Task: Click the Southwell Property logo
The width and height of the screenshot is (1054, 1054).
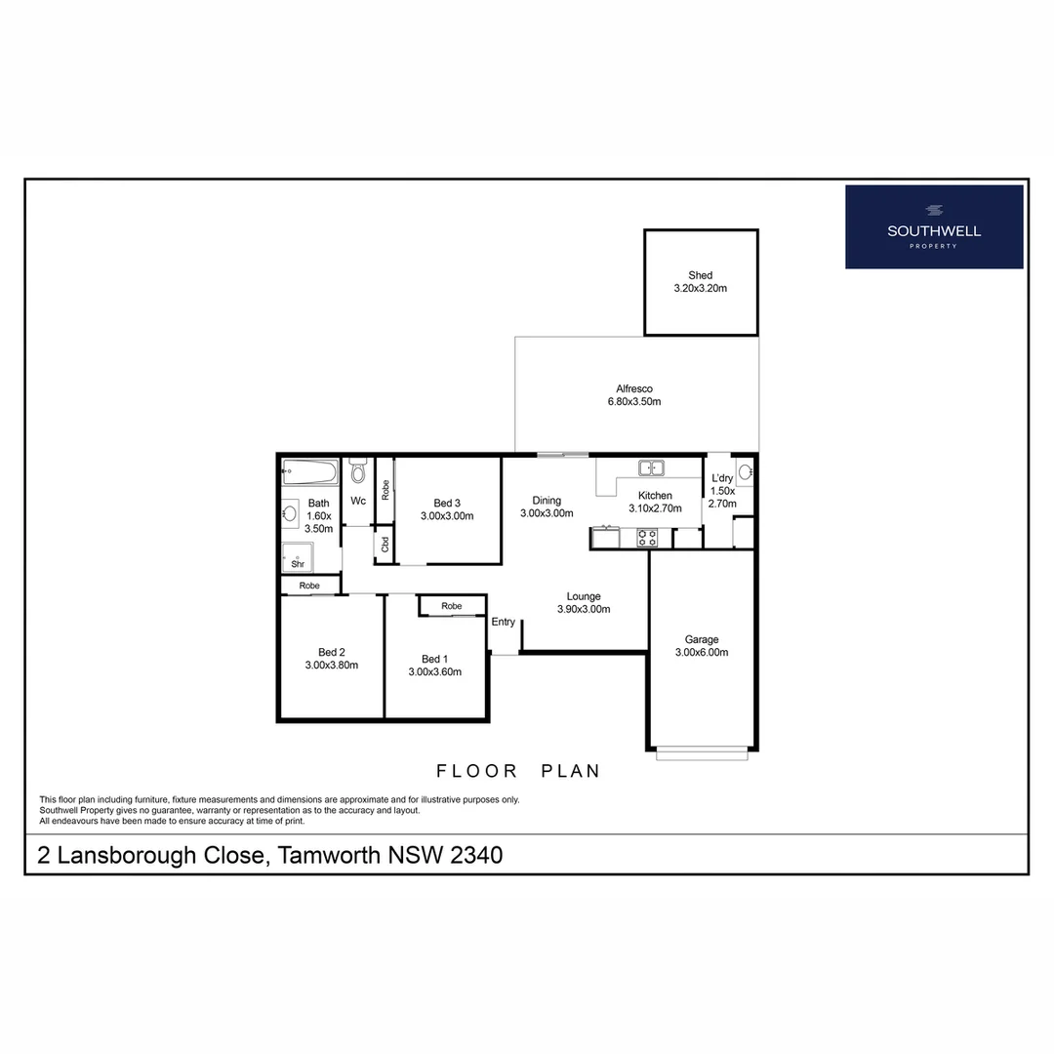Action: click(x=934, y=226)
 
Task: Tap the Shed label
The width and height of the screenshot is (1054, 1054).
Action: click(x=700, y=275)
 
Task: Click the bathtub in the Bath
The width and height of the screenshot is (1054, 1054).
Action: click(x=309, y=474)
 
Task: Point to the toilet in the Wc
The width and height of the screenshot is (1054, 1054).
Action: click(x=357, y=472)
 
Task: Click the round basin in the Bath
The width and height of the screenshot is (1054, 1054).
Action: click(x=290, y=512)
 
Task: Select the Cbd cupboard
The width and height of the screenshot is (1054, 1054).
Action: click(x=385, y=545)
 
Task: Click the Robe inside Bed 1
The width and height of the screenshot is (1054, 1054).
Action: click(x=452, y=606)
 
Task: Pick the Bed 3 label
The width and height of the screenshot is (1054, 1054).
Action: click(x=447, y=503)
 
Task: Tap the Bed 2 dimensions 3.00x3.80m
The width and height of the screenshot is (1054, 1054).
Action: click(x=331, y=666)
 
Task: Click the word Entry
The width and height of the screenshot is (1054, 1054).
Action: click(x=504, y=622)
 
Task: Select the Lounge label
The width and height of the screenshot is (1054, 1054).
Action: click(x=584, y=596)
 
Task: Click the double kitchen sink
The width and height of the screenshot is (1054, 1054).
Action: click(x=651, y=467)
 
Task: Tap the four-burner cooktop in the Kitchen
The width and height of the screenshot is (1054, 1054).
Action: click(x=647, y=538)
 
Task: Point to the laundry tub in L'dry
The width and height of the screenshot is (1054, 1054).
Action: click(x=746, y=473)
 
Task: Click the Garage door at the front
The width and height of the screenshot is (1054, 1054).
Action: click(x=702, y=752)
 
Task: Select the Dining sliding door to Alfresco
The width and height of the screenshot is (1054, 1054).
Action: click(x=562, y=455)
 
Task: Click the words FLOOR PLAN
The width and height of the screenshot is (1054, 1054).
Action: click(x=517, y=771)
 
